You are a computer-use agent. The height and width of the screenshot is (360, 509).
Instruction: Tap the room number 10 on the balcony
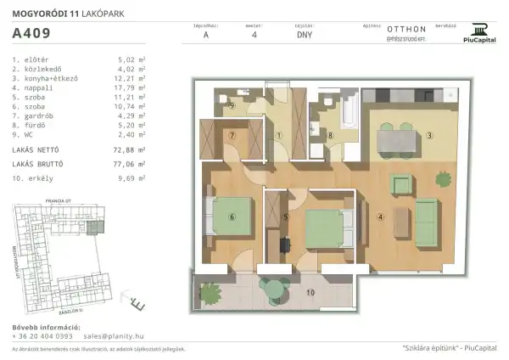click(310, 293)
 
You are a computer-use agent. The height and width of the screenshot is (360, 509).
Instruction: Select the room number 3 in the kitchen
click(430, 135)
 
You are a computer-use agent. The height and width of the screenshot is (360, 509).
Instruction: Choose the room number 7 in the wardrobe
click(231, 136)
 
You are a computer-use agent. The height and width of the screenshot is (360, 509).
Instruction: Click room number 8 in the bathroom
click(333, 135)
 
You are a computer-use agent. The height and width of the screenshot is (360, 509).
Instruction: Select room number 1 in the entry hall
click(280, 136)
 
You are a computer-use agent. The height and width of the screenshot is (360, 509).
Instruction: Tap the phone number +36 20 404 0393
click(43, 336)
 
